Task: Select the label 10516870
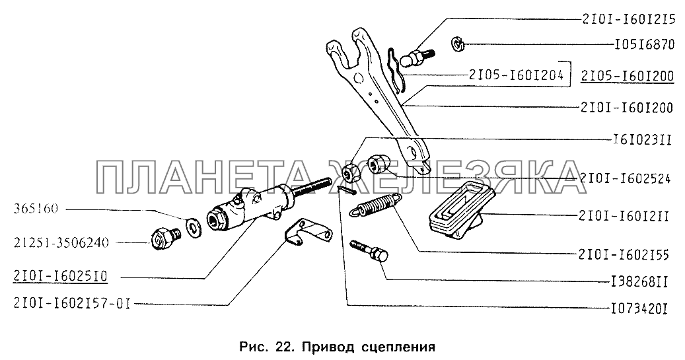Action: pos(644,44)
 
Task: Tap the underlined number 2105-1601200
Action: pos(627,76)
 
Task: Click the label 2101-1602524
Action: pos(625,178)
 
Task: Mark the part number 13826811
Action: pos(638,282)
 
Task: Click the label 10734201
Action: pos(638,309)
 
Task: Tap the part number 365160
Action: pos(36,209)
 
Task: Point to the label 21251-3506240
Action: pos(61,242)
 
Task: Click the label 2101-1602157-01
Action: pos(72,304)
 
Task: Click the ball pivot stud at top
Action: pos(421,57)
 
